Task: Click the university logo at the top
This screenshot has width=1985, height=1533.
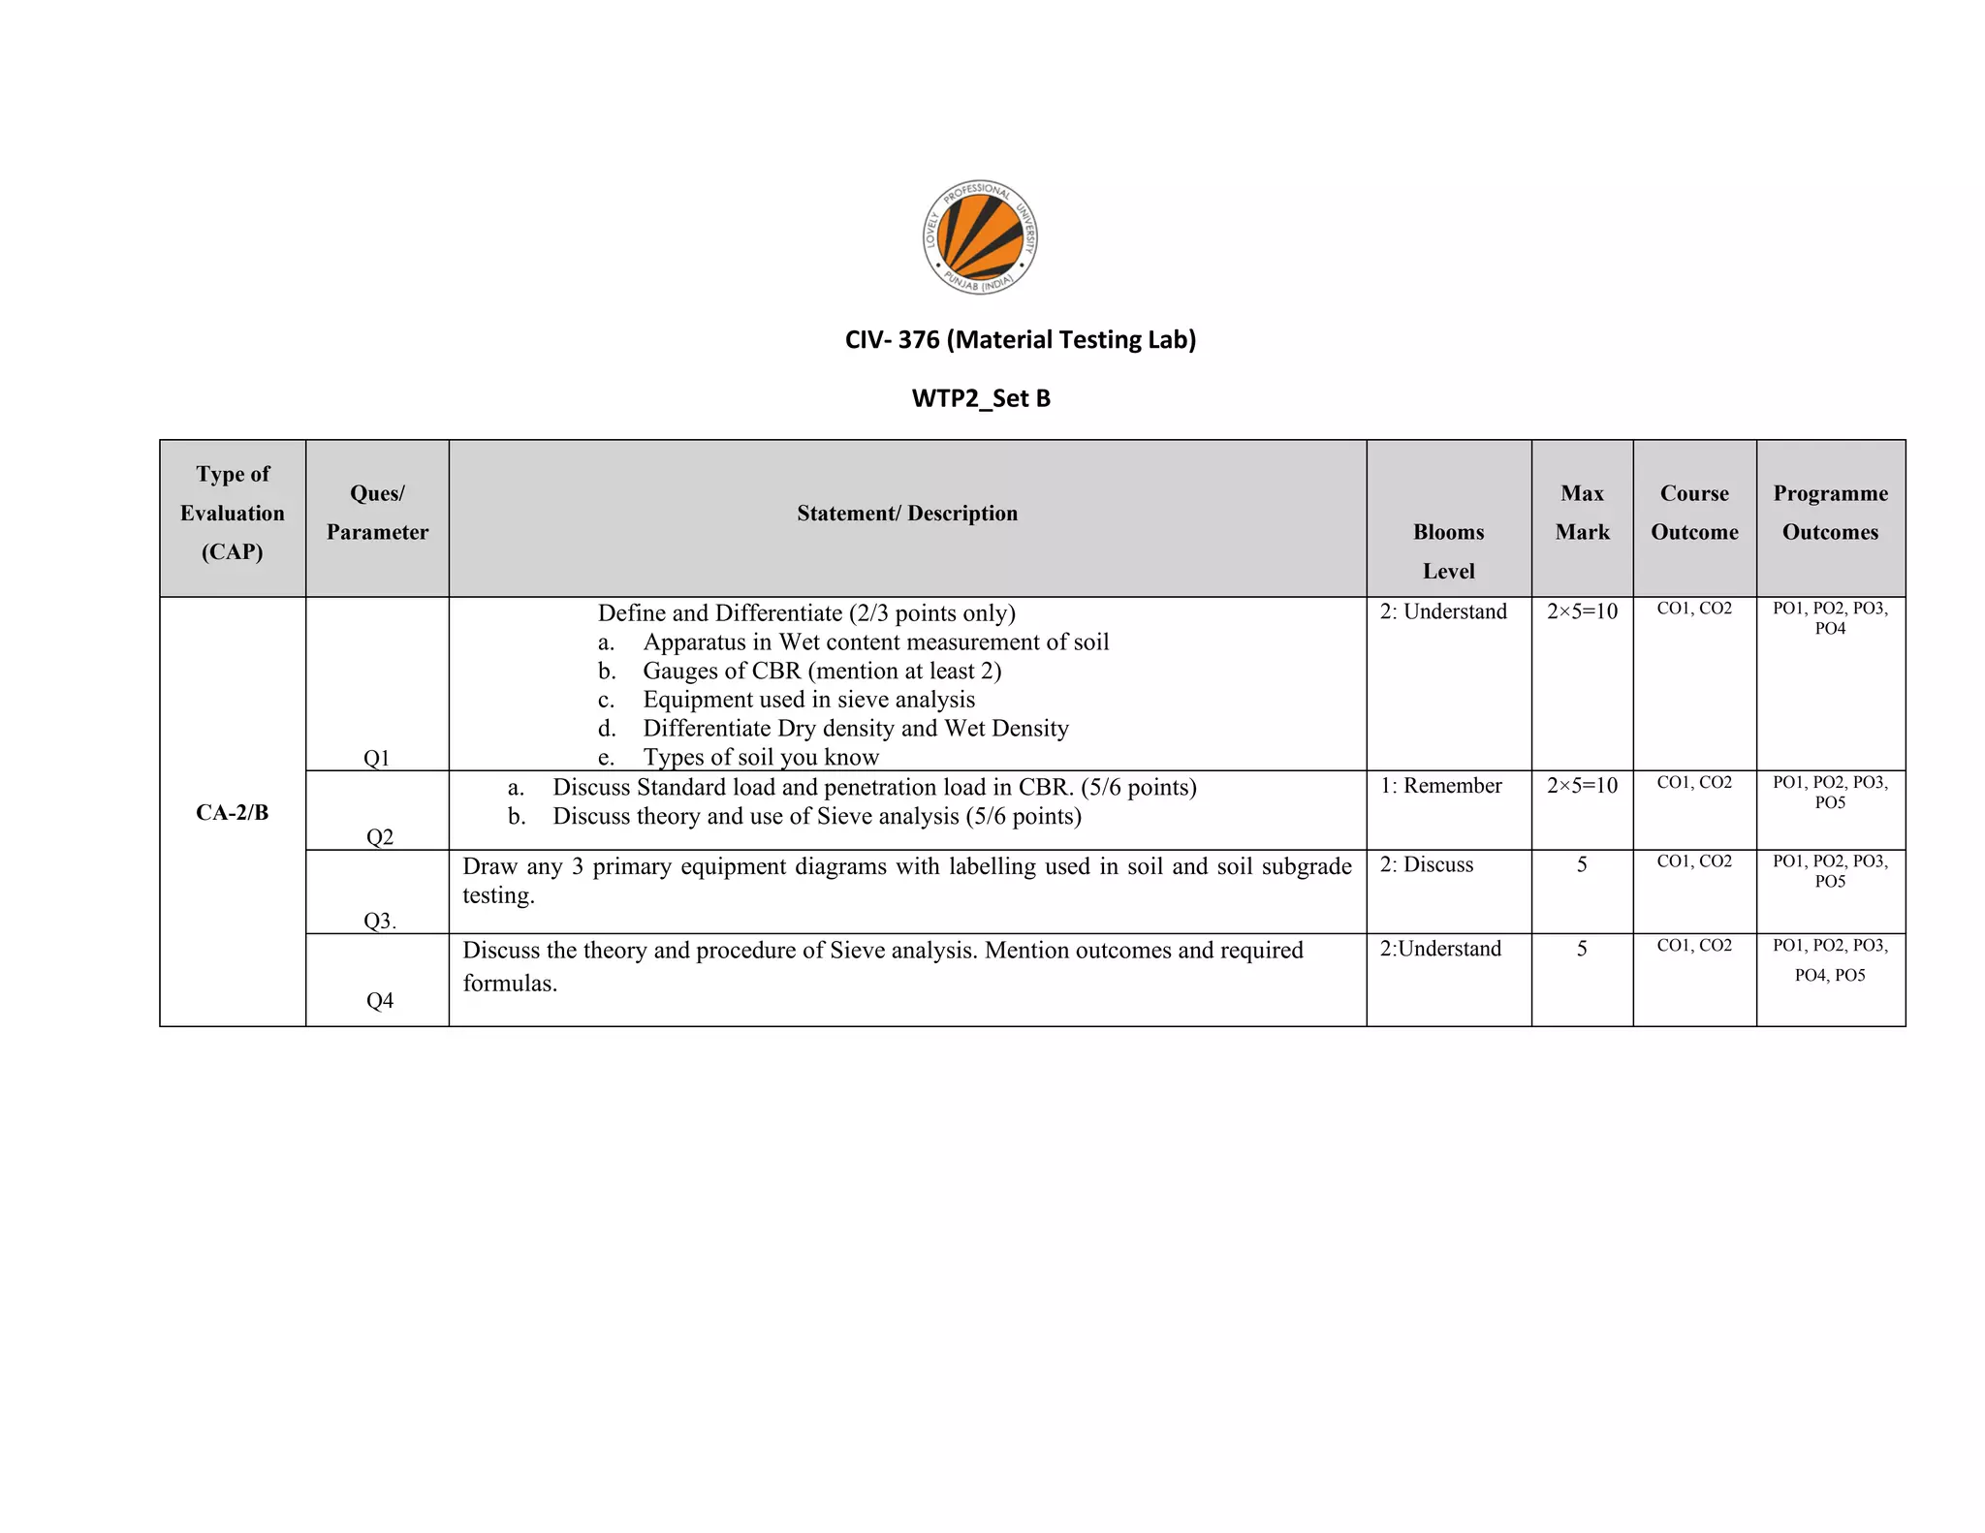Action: click(x=980, y=237)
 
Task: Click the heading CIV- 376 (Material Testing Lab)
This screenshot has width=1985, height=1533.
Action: click(x=1021, y=340)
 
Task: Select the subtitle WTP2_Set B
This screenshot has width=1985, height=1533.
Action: click(x=981, y=398)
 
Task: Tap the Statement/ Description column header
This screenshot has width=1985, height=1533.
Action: click(x=907, y=514)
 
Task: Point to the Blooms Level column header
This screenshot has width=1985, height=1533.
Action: click(x=1448, y=551)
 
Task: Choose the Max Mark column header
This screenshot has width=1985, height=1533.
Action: click(x=1582, y=513)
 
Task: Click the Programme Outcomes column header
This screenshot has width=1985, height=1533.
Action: click(x=1830, y=513)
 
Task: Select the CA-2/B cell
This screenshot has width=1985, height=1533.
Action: click(x=233, y=812)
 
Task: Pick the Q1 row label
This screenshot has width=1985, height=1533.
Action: click(x=376, y=758)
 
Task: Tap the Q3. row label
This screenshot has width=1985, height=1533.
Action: click(x=380, y=921)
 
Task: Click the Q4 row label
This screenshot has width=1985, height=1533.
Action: click(x=380, y=1000)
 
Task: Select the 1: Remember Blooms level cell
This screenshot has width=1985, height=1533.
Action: click(x=1441, y=786)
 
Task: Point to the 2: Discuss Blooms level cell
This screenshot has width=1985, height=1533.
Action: click(x=1427, y=864)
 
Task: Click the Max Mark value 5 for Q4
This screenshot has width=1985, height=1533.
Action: click(x=1582, y=949)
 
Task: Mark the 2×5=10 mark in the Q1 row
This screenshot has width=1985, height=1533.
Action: click(x=1582, y=611)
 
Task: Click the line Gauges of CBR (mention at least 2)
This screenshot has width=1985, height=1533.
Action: click(x=821, y=672)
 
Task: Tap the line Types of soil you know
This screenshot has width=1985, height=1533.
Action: click(x=761, y=757)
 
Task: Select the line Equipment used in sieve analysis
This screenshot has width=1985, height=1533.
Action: click(x=808, y=700)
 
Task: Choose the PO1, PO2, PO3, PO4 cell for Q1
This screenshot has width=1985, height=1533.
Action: click(x=1830, y=618)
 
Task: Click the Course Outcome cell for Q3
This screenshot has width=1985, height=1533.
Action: click(x=1694, y=861)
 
